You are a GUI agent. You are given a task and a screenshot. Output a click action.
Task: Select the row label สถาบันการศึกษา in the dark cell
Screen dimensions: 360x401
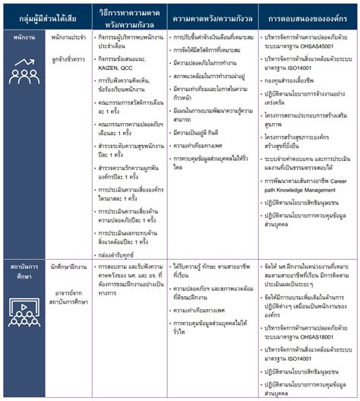pos(24,272)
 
